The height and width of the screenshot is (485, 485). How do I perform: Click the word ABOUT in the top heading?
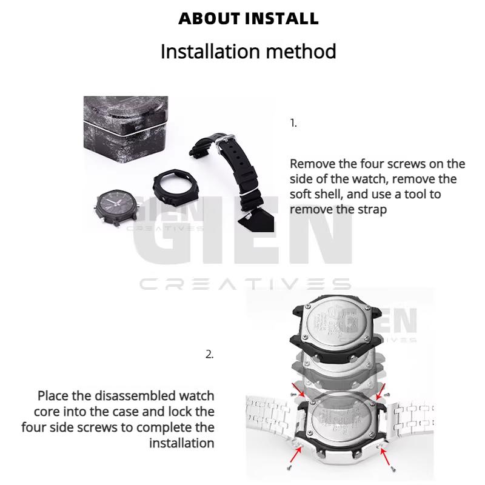coord(210,18)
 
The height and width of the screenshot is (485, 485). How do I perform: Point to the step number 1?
coord(293,123)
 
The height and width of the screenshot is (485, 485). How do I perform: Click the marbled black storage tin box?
coord(125,125)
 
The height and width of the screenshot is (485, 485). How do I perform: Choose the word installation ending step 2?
coord(182,443)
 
